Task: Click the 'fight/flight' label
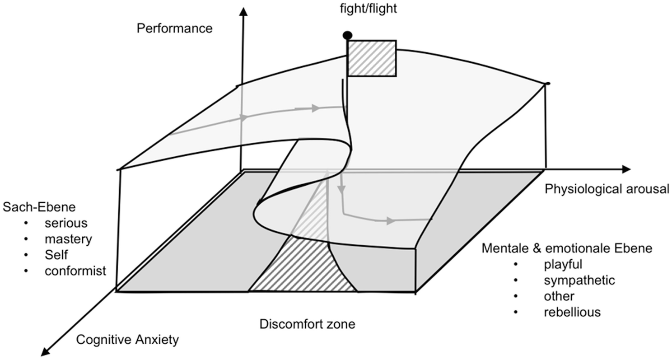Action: (x=369, y=9)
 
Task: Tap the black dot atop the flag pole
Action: (x=347, y=35)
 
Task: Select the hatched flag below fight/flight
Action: (x=372, y=58)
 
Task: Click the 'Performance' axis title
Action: (x=174, y=28)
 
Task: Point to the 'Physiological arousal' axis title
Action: (x=607, y=189)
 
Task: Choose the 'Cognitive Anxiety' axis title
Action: (x=127, y=340)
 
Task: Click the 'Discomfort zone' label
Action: (x=307, y=324)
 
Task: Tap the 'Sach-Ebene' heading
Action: (x=39, y=207)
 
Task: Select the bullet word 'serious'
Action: (x=66, y=223)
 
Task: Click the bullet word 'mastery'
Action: (x=68, y=238)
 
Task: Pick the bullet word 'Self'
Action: (x=56, y=255)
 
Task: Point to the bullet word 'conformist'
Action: (x=75, y=271)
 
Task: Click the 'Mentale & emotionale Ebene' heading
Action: (x=567, y=248)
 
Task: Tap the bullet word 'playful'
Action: (x=563, y=264)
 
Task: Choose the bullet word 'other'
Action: (x=559, y=296)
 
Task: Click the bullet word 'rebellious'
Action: (x=572, y=312)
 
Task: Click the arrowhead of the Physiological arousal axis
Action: (x=626, y=169)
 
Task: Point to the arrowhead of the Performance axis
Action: (x=244, y=11)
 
